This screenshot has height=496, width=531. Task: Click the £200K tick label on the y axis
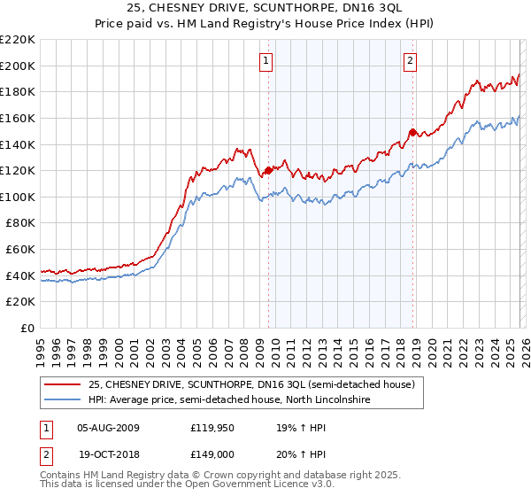point(18,66)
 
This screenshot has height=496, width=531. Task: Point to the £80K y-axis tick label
point(20,223)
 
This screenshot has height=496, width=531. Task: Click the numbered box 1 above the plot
point(266,61)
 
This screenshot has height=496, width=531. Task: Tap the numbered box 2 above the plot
point(411,61)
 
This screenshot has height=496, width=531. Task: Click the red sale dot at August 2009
point(268,170)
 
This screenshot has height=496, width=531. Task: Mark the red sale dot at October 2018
point(412,132)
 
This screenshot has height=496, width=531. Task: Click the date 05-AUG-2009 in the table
point(108,427)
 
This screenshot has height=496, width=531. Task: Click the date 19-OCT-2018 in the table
point(108,453)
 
